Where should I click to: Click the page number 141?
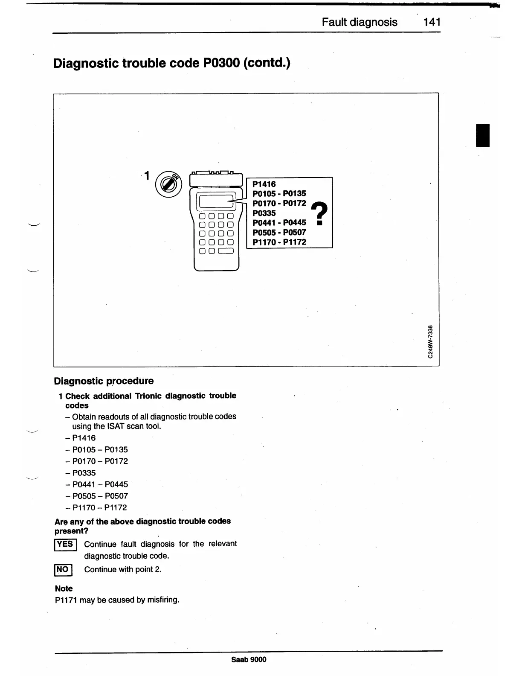click(x=432, y=22)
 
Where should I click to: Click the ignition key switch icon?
click(x=168, y=184)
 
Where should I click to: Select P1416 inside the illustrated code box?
click(x=264, y=184)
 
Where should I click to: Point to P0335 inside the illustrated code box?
click(x=264, y=213)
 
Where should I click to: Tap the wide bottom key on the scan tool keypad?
click(x=226, y=251)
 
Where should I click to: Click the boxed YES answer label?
click(x=65, y=545)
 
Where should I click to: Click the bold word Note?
click(x=64, y=589)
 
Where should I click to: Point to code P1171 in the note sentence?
click(x=66, y=600)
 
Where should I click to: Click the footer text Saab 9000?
click(x=249, y=659)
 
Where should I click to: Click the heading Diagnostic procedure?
click(x=104, y=381)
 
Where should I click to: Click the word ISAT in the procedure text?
click(x=117, y=426)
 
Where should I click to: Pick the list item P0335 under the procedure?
click(x=84, y=473)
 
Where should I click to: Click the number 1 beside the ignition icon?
click(x=147, y=175)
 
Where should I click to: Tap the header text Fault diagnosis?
click(x=360, y=22)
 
